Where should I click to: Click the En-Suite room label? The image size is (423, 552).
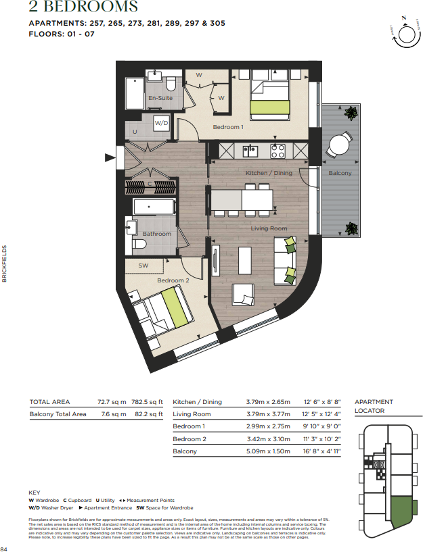[160, 99]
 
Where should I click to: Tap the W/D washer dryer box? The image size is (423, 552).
[161, 123]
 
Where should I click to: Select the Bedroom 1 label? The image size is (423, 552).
[227, 127]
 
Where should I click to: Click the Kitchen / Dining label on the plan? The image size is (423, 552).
[269, 174]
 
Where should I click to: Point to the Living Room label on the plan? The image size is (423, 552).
[269, 228]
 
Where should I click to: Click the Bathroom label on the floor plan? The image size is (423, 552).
[156, 234]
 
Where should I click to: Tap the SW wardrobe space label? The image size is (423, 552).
[143, 266]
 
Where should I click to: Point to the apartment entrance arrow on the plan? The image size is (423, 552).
[110, 158]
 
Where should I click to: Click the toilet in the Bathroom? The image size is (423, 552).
[139, 244]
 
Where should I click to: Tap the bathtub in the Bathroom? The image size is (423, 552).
[154, 207]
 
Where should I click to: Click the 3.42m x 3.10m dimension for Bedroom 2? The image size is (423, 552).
[268, 438]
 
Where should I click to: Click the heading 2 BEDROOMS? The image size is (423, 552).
[83, 8]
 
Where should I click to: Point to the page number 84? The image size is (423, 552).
[5, 548]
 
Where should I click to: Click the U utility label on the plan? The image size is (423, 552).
[135, 132]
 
